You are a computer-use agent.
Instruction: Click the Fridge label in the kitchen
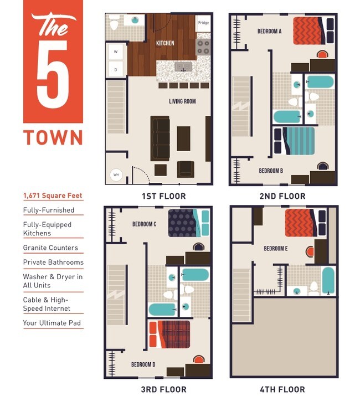203,23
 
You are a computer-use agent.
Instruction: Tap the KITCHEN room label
165,43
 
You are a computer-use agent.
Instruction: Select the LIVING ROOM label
182,101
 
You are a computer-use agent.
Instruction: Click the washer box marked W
116,52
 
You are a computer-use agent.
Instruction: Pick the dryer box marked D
116,70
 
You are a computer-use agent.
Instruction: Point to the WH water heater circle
116,175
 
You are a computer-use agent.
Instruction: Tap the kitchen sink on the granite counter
183,67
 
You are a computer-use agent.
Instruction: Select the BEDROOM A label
269,32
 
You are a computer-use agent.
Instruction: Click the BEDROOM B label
271,171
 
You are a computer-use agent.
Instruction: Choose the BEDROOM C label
144,224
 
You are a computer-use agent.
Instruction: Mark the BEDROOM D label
143,364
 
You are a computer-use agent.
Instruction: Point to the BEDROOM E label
275,249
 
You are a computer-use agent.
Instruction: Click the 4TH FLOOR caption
283,389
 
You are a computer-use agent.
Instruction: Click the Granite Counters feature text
50,248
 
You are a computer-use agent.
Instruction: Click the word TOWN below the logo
53,137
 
